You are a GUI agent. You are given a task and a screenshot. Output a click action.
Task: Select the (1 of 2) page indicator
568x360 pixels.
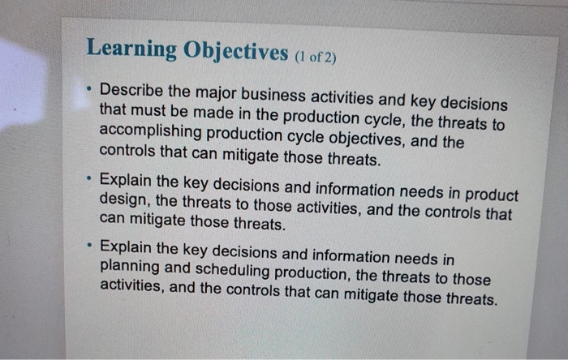(314, 58)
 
